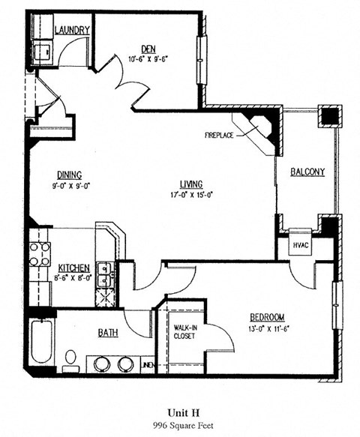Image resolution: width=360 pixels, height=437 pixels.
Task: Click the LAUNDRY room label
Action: coord(73,30)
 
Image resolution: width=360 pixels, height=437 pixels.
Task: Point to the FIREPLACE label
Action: coord(220,136)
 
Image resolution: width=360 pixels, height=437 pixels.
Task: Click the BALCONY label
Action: coord(307,172)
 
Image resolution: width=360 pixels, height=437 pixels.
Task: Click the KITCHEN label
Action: coord(74,268)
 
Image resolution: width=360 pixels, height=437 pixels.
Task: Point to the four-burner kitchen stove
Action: coord(40,253)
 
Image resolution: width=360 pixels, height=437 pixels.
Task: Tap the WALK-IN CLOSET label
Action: coord(184,331)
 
